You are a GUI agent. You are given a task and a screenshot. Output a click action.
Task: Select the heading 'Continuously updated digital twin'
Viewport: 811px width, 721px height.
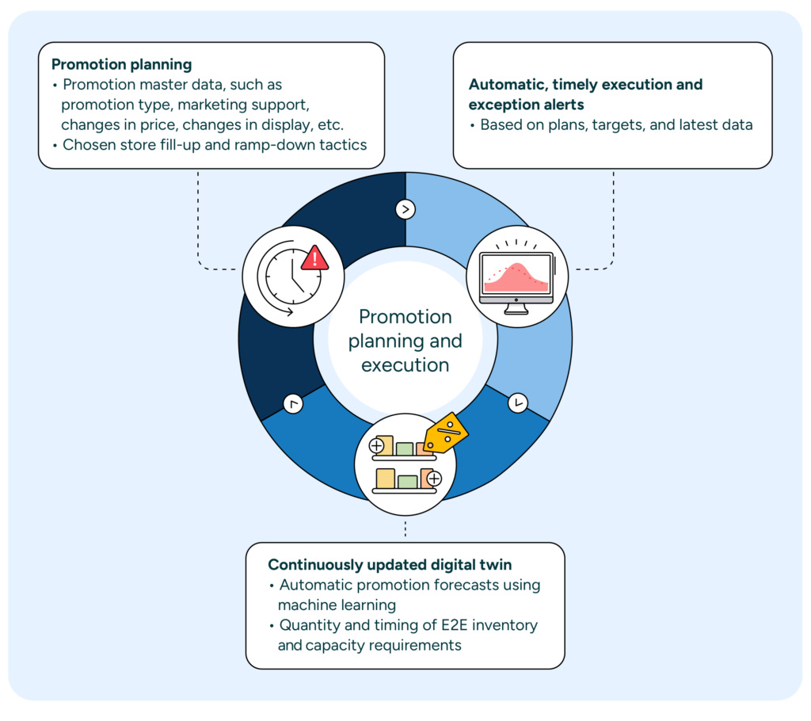[389, 565]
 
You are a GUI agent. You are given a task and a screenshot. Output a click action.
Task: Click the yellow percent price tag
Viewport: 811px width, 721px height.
[446, 431]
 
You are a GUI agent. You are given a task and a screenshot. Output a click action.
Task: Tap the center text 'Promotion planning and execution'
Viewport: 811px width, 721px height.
[405, 341]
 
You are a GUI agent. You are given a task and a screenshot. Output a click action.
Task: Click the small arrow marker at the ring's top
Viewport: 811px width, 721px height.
[405, 209]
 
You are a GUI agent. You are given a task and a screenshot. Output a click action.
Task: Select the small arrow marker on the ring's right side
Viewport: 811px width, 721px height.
[517, 402]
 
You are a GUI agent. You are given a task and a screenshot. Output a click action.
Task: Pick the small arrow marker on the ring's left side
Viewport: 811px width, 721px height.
[293, 404]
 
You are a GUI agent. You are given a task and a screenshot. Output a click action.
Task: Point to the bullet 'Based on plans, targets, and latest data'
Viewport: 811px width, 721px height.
[615, 124]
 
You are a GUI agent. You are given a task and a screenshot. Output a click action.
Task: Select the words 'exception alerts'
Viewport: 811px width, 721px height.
[525, 105]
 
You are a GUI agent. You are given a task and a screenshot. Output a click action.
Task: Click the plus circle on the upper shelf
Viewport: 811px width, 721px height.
[376, 445]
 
